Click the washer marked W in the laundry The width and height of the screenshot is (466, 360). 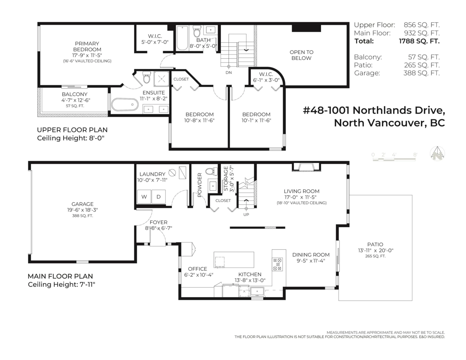(x=144, y=197)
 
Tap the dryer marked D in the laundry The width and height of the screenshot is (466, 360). (x=158, y=197)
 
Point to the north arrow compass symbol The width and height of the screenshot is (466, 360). (x=438, y=153)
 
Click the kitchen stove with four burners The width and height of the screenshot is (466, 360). (x=277, y=264)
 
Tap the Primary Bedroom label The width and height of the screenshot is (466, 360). (x=87, y=47)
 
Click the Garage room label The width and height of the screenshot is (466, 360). (x=82, y=204)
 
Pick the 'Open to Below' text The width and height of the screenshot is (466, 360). (x=301, y=55)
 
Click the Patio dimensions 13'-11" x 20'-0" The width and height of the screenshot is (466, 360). (x=376, y=250)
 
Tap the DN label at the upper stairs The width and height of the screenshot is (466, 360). (x=229, y=72)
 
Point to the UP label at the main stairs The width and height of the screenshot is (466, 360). (x=246, y=214)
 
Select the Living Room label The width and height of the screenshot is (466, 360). (x=301, y=191)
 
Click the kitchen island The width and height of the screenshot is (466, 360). (x=234, y=259)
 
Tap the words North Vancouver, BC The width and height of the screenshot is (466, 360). (x=389, y=123)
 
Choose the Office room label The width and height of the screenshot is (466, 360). (x=197, y=269)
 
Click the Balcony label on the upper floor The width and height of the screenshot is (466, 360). (x=75, y=94)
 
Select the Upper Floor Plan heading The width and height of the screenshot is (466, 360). (x=72, y=130)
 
